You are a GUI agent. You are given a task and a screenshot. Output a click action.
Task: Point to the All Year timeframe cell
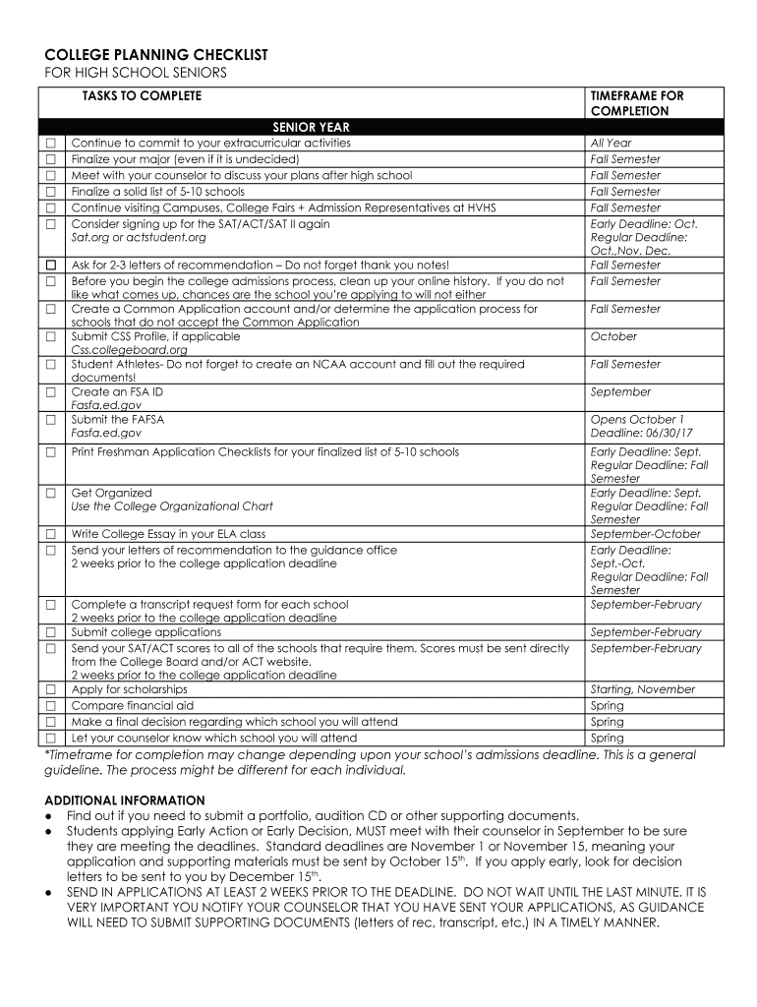pyautogui.click(x=611, y=143)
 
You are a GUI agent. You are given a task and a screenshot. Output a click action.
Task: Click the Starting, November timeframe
pyautogui.click(x=642, y=689)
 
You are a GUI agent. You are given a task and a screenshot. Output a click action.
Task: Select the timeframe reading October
pyautogui.click(x=613, y=336)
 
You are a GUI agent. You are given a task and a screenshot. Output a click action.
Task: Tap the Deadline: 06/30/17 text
pyautogui.click(x=641, y=433)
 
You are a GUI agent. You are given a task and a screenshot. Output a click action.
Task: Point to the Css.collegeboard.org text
pyautogui.click(x=129, y=349)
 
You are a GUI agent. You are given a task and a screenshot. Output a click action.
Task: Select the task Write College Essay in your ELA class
pyautogui.click(x=168, y=534)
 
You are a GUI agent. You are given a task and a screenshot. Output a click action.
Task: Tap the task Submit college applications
pyautogui.click(x=146, y=632)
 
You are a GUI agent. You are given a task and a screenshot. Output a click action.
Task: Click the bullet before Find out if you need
pyautogui.click(x=49, y=816)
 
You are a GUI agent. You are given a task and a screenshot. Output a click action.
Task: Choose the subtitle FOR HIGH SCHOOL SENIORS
pyautogui.click(x=136, y=74)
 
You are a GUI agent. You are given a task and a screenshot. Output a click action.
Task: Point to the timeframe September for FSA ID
pyautogui.click(x=620, y=391)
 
